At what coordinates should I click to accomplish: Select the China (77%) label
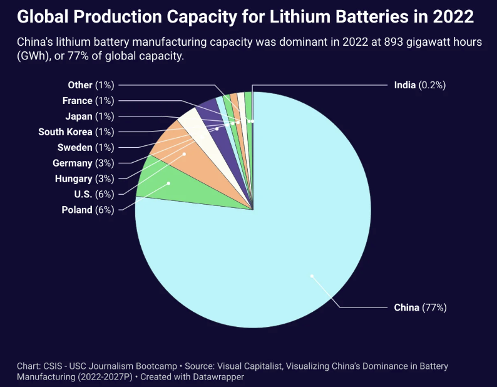(420, 307)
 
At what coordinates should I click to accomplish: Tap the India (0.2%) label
(419, 85)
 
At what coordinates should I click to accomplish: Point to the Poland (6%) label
(88, 210)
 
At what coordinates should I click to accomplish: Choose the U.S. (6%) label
(92, 194)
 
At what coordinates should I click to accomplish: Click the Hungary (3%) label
(83, 178)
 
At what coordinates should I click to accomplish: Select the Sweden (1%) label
(86, 147)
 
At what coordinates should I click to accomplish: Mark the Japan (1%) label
(90, 116)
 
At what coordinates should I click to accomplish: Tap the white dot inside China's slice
(312, 276)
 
